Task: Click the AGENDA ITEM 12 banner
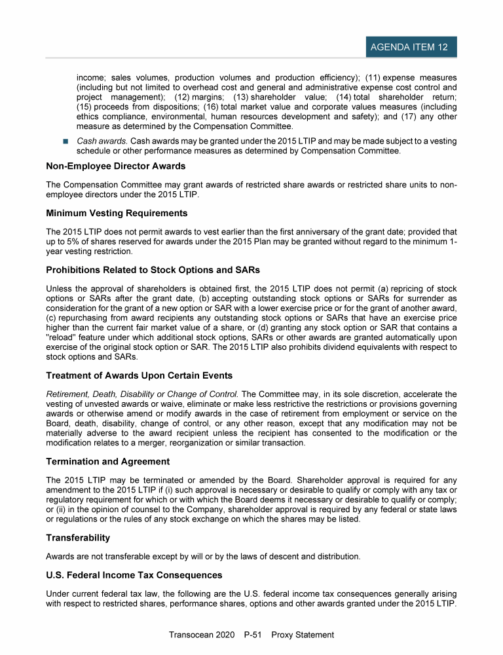(x=409, y=47)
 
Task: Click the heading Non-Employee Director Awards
(x=116, y=166)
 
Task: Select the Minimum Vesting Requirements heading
(x=117, y=213)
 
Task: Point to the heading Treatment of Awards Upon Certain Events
(x=140, y=376)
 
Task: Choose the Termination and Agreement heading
(x=108, y=461)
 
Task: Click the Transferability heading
(x=78, y=538)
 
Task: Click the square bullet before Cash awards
(x=66, y=141)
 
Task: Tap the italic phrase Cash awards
(x=97, y=141)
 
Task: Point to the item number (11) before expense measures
(x=374, y=77)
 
